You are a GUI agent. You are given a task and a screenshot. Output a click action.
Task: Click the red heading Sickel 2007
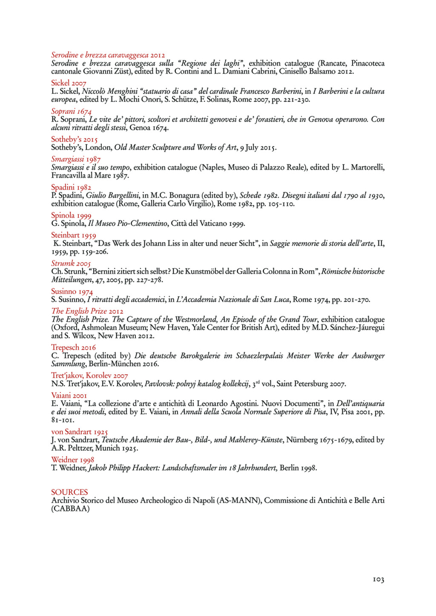pyautogui.click(x=69, y=83)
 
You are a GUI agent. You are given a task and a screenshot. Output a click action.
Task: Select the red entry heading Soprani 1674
pyautogui.click(x=71, y=111)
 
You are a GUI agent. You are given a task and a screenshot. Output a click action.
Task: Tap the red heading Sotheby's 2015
pyautogui.click(x=75, y=139)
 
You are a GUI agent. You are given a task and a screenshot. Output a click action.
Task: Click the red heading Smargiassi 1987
pyautogui.click(x=76, y=159)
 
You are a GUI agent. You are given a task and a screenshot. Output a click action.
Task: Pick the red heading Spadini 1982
pyautogui.click(x=71, y=187)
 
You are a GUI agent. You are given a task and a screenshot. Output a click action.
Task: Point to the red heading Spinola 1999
pyautogui.click(x=71, y=215)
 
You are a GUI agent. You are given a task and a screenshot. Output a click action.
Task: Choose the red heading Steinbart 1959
pyautogui.click(x=74, y=235)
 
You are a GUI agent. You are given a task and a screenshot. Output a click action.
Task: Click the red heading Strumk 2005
pyautogui.click(x=71, y=263)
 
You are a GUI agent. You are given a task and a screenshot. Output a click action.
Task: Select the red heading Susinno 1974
pyautogui.click(x=72, y=292)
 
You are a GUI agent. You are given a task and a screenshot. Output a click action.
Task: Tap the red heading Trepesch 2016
pyautogui.click(x=74, y=347)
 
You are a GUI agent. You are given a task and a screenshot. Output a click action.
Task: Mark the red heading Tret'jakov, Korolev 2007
pyautogui.click(x=89, y=376)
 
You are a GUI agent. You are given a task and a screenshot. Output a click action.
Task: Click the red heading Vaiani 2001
pyautogui.click(x=69, y=395)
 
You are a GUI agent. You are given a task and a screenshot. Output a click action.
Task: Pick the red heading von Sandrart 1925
pyautogui.click(x=80, y=431)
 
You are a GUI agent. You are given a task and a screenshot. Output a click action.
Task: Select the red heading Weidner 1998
pyautogui.click(x=73, y=460)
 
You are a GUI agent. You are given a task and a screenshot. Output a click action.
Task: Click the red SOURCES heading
pyautogui.click(x=69, y=492)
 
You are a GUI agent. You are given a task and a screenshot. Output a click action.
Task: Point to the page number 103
pyautogui.click(x=379, y=579)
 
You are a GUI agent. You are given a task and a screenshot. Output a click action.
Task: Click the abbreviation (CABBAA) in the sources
pyautogui.click(x=71, y=509)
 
